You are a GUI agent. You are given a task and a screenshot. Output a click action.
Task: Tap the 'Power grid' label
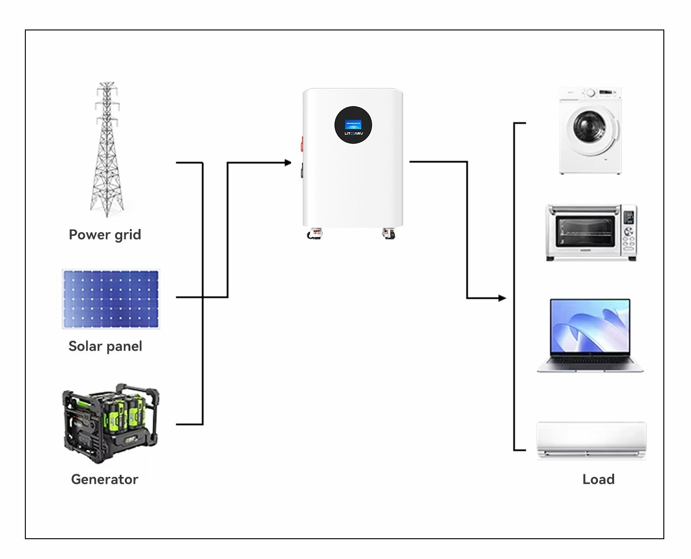tap(105, 235)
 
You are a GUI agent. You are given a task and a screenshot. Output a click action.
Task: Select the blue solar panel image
tap(111, 299)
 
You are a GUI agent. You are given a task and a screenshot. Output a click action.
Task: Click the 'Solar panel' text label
tap(105, 346)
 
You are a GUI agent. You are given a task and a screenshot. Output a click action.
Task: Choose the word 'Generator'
tap(105, 479)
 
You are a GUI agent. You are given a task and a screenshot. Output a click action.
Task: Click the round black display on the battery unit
tap(353, 125)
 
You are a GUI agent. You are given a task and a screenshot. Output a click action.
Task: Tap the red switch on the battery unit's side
tap(302, 144)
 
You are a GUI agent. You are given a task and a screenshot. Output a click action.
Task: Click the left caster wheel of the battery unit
tap(314, 234)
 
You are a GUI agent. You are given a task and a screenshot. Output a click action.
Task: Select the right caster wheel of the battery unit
tap(389, 234)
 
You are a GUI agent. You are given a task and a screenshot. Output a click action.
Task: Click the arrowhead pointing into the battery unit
tap(288, 163)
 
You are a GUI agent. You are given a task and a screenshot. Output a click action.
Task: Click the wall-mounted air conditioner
tap(591, 440)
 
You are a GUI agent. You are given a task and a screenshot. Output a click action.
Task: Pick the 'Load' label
tap(598, 479)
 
